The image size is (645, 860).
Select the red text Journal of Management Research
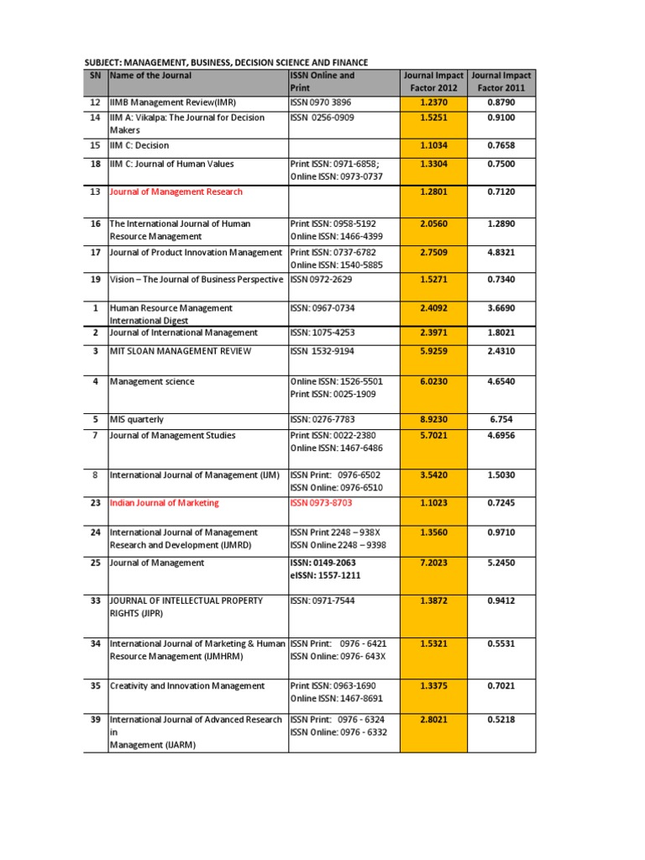click(x=176, y=192)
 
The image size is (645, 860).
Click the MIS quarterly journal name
click(x=137, y=419)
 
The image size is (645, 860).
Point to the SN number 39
click(x=95, y=720)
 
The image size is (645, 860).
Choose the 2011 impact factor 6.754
click(x=501, y=419)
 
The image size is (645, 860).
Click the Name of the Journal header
click(x=150, y=76)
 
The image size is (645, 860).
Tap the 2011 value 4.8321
click(x=501, y=253)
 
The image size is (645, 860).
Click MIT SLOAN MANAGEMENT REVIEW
click(x=181, y=350)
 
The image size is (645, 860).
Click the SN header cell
click(x=95, y=76)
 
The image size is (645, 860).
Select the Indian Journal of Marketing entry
click(x=165, y=503)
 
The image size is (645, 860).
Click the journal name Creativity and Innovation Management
click(x=187, y=686)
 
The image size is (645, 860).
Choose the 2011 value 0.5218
click(x=501, y=720)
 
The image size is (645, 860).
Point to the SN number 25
click(x=95, y=563)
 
